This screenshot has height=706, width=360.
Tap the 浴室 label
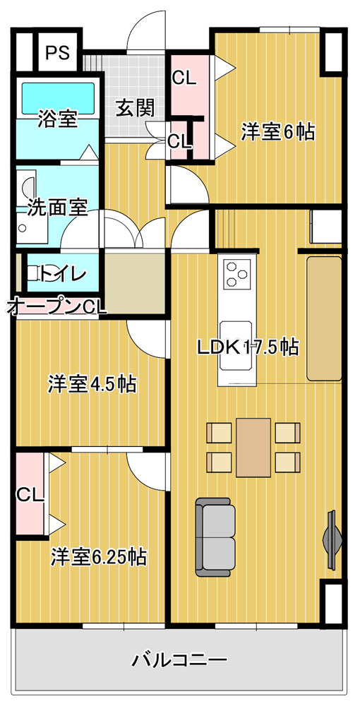click(56, 119)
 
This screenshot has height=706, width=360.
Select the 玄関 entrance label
click(135, 108)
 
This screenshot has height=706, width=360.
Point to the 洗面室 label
click(56, 208)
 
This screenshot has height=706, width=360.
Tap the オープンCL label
click(56, 308)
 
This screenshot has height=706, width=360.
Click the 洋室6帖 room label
click(277, 132)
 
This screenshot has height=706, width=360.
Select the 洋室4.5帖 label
click(92, 384)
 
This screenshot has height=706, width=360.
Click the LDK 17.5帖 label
click(248, 347)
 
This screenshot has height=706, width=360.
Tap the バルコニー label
click(179, 661)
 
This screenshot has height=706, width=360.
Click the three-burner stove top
click(236, 274)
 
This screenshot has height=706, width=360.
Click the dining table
click(253, 448)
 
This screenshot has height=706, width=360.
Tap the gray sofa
click(215, 537)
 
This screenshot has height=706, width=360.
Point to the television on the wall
click(332, 539)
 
